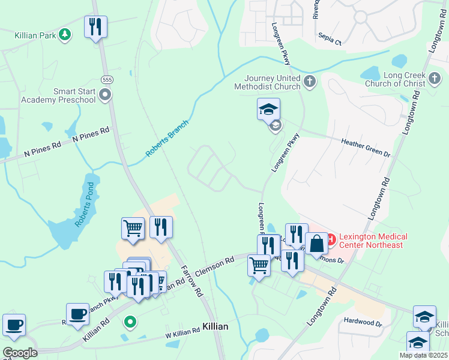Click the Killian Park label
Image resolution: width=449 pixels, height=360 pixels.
pos(35,36)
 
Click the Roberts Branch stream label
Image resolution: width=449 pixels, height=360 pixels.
pos(167,139)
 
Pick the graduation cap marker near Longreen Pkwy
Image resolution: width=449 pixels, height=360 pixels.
pos(268,109)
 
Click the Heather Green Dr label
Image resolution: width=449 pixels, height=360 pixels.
pos(366,146)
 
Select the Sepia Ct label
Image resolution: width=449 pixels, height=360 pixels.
pos(330,43)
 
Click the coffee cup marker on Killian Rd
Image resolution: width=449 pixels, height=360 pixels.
pos(77,314)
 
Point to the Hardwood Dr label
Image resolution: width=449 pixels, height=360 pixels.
pos(363,323)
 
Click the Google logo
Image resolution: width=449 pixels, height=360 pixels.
pos(20,353)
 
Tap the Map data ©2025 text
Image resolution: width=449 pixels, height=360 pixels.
pos(423,355)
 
